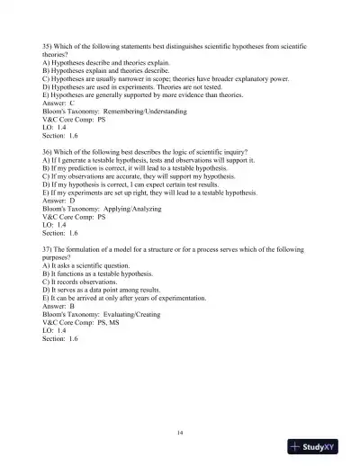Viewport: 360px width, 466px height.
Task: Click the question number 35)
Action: (48, 42)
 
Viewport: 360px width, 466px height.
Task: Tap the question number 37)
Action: (48, 246)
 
